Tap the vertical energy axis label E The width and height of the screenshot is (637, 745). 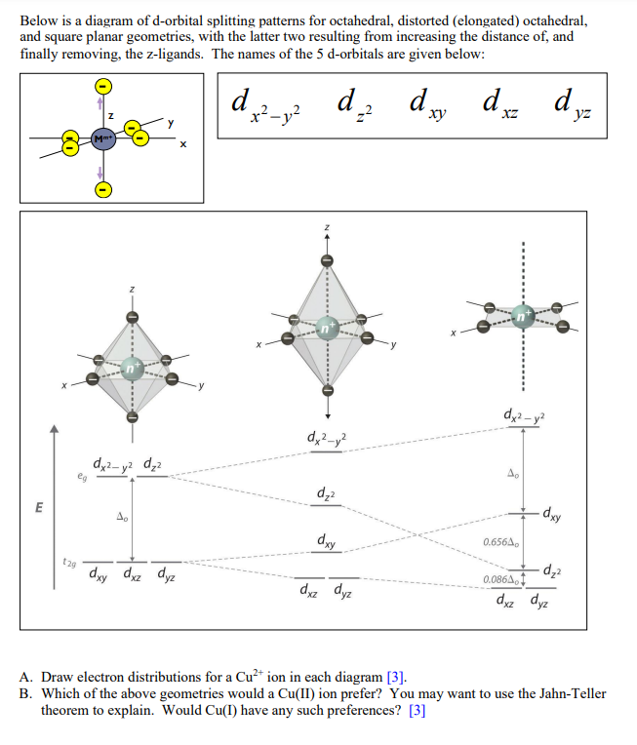point(40,508)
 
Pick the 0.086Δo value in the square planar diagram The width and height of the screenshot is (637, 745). point(499,580)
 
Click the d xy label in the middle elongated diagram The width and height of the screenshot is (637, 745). point(327,540)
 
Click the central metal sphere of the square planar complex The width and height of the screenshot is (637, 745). point(525,316)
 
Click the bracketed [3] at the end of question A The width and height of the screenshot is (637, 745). point(393,677)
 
